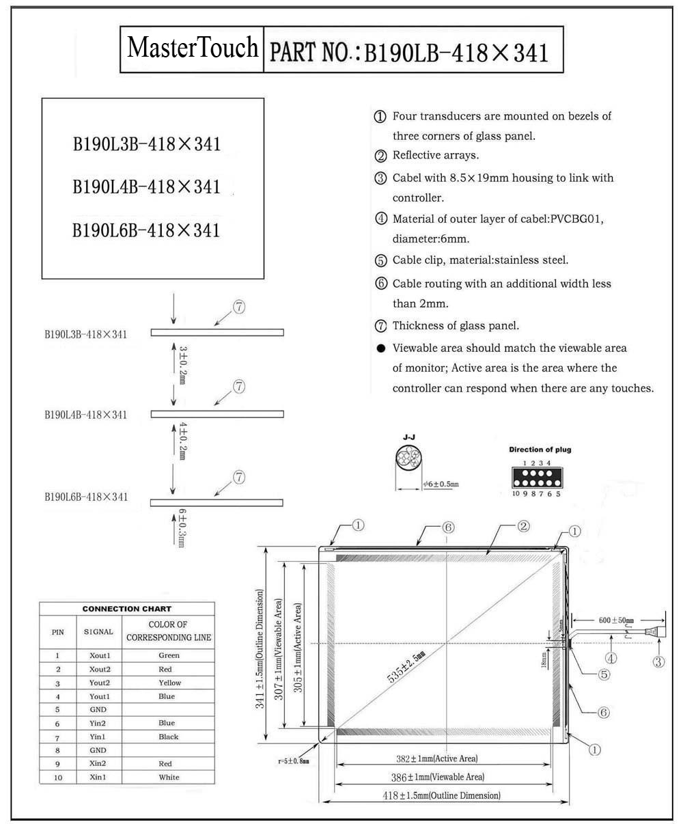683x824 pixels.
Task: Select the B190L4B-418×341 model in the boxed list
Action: click(147, 187)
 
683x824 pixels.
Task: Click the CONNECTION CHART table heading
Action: click(126, 608)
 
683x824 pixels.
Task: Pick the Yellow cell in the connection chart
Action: click(169, 683)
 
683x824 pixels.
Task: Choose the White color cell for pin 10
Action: click(169, 777)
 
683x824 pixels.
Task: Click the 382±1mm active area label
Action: click(438, 759)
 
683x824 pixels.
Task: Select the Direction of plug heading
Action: click(540, 450)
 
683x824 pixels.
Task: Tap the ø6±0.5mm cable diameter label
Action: click(441, 484)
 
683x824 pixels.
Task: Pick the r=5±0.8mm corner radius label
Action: click(294, 760)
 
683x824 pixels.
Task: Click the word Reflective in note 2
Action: click(418, 156)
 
